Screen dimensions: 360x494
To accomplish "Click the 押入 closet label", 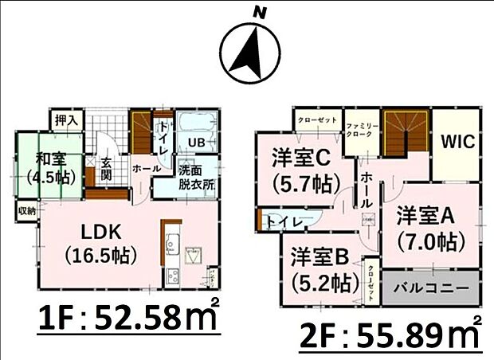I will coord(66,120).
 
